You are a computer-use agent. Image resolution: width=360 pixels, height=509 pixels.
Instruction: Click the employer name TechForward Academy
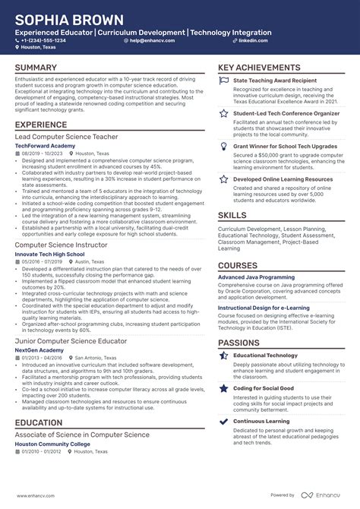[x=45, y=145]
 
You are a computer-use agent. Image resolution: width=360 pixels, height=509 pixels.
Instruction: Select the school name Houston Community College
[x=55, y=444]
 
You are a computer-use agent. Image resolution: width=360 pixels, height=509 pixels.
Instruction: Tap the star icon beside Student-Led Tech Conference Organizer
[x=223, y=112]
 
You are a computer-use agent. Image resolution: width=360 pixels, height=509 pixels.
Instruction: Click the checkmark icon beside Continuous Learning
[x=223, y=421]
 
